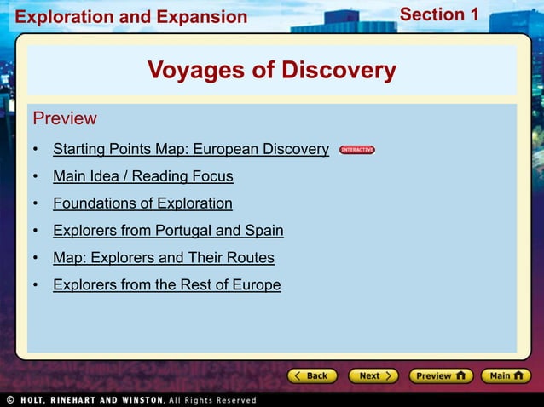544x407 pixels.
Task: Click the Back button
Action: pos(313,375)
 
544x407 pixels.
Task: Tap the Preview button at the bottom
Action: pos(440,375)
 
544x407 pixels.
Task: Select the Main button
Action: pos(506,375)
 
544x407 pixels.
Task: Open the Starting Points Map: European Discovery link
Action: pos(190,150)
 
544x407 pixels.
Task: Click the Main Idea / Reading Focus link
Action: pos(142,177)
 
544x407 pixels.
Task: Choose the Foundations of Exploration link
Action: pos(142,203)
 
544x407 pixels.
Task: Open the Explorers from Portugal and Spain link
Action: pos(168,231)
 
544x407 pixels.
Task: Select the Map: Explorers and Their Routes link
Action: pos(163,258)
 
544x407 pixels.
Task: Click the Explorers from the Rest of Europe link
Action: pos(166,285)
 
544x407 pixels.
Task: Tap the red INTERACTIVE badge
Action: pos(356,150)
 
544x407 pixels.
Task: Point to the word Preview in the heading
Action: pos(65,118)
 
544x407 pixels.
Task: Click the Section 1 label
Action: pos(439,14)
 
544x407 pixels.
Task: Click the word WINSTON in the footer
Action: pos(142,399)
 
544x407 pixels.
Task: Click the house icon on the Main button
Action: pos(521,375)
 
